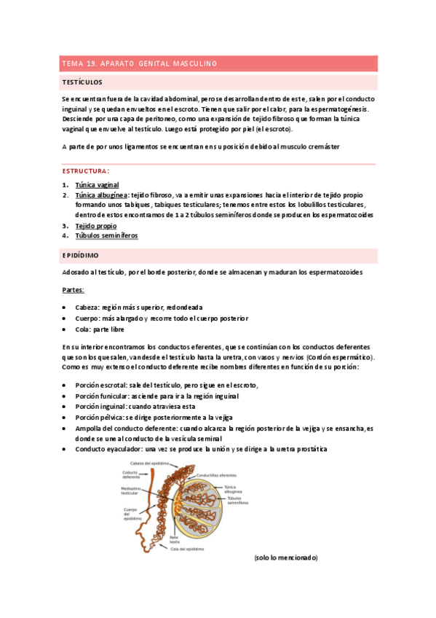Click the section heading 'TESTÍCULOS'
[x=82, y=82]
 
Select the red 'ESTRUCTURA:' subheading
[x=85, y=171]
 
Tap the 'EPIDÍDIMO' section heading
[x=82, y=256]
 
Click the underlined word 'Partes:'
[x=74, y=290]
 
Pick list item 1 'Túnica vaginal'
[x=97, y=185]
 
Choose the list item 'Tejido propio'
[x=95, y=226]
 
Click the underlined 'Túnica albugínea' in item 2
[x=102, y=195]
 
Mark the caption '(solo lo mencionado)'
[x=286, y=558]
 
